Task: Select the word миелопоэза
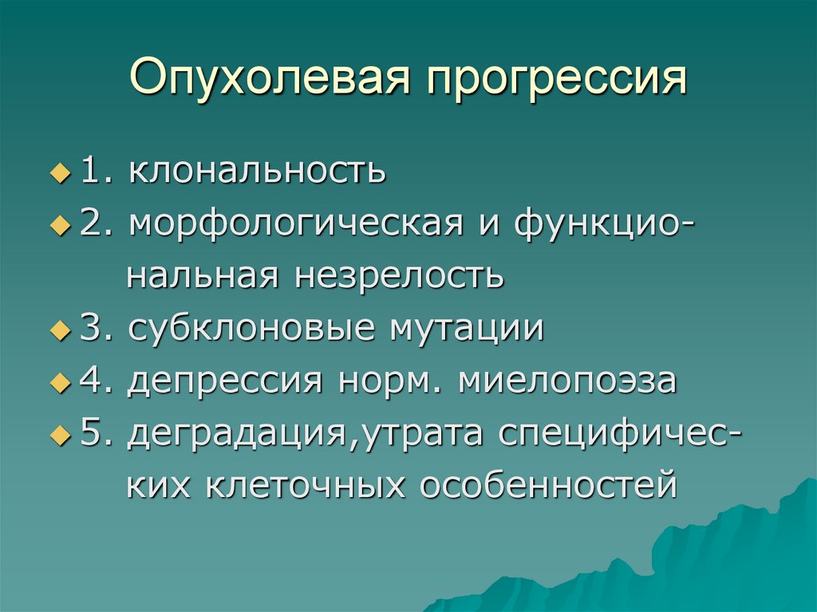[x=567, y=381]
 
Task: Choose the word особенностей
[x=549, y=485]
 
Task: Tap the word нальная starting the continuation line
[x=203, y=276]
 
